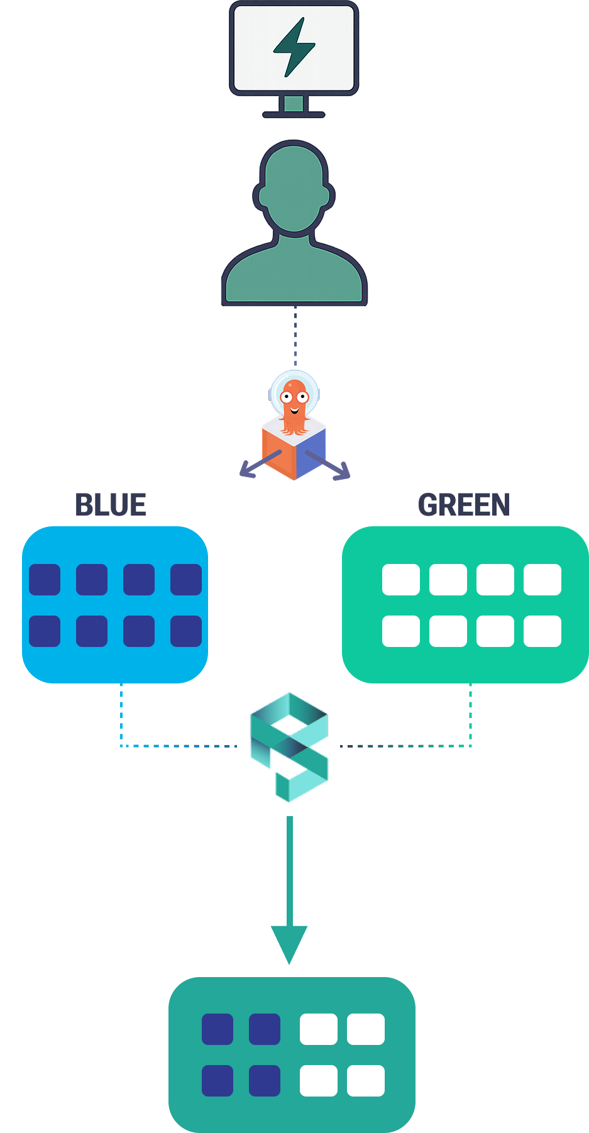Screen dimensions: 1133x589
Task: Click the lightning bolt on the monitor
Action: pos(294,47)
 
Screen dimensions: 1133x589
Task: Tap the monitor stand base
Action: pos(294,114)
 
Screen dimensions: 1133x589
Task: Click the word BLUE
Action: pos(111,505)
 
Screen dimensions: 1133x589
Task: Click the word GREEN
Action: pos(464,505)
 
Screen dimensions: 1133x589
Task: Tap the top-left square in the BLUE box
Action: pos(45,579)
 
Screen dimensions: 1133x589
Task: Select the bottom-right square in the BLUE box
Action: pos(186,631)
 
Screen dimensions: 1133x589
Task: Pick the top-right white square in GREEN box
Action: pos(542,579)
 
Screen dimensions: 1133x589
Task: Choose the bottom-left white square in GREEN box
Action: pos(401,631)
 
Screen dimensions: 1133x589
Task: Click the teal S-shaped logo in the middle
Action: pos(289,747)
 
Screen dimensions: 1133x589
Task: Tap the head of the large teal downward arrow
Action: pos(289,943)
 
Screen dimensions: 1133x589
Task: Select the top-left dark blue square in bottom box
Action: pos(217,1029)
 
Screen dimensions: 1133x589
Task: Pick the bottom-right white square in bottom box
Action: pos(365,1080)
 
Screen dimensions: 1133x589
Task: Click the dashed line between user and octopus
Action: pos(295,336)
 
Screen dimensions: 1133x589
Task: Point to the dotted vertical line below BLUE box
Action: pos(121,714)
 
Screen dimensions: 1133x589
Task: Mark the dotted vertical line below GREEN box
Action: pos(470,714)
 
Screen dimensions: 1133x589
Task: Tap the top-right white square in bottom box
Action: pos(365,1029)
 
